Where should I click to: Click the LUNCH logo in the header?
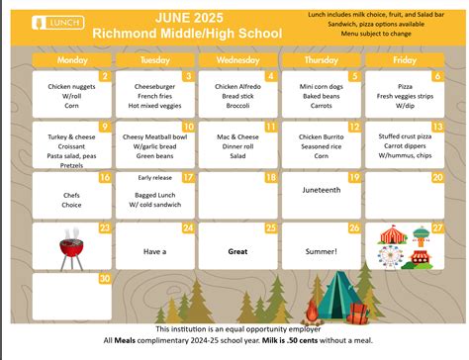click(48, 20)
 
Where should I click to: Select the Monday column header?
click(72, 61)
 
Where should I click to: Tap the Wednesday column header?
click(236, 61)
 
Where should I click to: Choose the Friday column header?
click(403, 61)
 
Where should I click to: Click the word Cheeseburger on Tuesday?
click(153, 86)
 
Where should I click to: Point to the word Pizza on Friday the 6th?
click(403, 86)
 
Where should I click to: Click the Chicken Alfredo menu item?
click(236, 86)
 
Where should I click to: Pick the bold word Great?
click(236, 251)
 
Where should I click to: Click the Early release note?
click(153, 177)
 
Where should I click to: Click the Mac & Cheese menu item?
click(236, 136)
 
